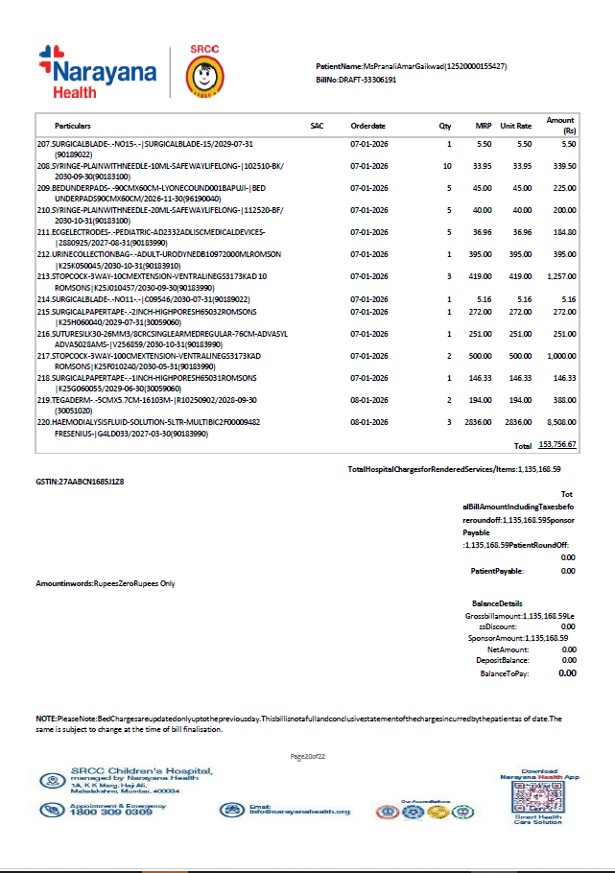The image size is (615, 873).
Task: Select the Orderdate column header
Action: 368,126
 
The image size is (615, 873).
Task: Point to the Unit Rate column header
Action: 515,126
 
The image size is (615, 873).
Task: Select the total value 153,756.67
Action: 556,445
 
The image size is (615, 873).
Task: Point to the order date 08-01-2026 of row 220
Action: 368,421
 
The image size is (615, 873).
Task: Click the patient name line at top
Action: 412,66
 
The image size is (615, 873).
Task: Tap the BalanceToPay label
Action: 504,673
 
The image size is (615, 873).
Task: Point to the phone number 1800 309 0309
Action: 111,813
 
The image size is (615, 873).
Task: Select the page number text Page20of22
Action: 308,757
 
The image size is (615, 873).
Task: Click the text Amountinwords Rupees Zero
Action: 106,582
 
